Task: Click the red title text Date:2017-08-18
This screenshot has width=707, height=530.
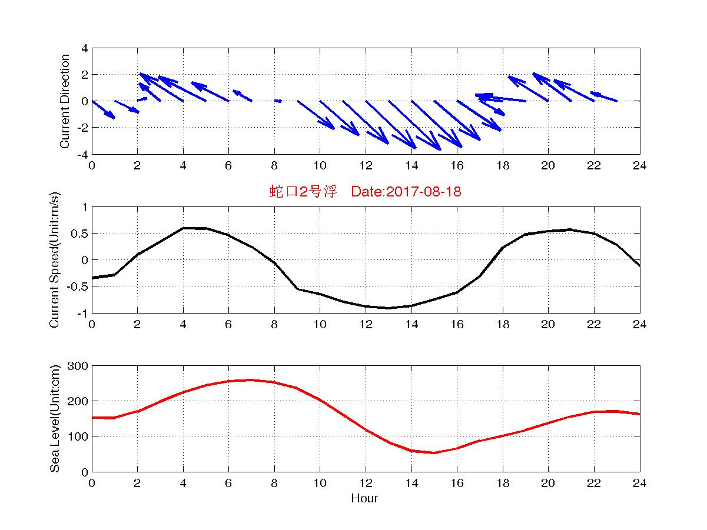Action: pyautogui.click(x=406, y=191)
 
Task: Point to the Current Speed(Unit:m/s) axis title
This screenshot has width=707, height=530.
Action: pyautogui.click(x=55, y=260)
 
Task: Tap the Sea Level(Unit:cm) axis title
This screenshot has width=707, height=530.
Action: pyautogui.click(x=55, y=419)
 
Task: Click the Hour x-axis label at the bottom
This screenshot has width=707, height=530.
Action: pyautogui.click(x=364, y=499)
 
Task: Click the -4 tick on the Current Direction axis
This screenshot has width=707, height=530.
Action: pyautogui.click(x=82, y=154)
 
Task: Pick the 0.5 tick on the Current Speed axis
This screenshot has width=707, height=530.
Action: pyautogui.click(x=80, y=234)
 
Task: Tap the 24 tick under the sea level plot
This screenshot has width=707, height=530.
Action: pyautogui.click(x=639, y=483)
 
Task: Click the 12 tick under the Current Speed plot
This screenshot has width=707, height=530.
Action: pyautogui.click(x=366, y=324)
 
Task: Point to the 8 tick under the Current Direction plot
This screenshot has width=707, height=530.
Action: pyautogui.click(x=274, y=165)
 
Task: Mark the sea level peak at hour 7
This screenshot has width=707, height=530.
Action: pyautogui.click(x=251, y=380)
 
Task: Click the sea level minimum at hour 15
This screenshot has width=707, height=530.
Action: pyautogui.click(x=434, y=452)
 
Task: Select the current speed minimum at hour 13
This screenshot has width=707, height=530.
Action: pyautogui.click(x=389, y=308)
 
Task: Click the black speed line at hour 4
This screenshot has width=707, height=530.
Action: pyautogui.click(x=183, y=228)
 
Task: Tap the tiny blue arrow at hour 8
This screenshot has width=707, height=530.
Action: pyautogui.click(x=278, y=101)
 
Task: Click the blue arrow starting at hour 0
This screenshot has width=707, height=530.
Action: pyautogui.click(x=104, y=109)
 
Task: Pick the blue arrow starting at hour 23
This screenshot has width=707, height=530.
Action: pyautogui.click(x=604, y=96)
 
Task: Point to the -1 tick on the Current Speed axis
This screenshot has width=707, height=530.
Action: pyautogui.click(x=82, y=313)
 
